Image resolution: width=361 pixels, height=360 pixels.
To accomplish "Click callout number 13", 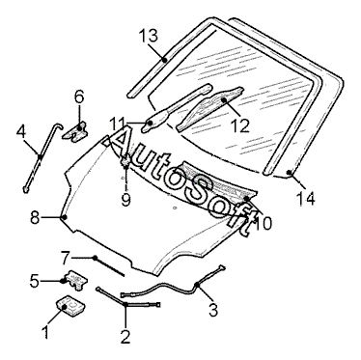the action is coord(149,36).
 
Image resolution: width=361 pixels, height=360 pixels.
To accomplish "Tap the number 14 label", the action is coord(305,198).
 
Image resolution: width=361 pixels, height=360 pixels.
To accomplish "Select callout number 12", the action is coord(240,125).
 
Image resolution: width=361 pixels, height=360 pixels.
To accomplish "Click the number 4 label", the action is coord(21,132).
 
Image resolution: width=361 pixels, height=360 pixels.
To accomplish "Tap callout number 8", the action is coord(35,218).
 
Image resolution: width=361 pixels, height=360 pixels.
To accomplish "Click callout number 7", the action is coord(66,258).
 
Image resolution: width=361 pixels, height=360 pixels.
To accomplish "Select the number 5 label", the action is coord(35,282).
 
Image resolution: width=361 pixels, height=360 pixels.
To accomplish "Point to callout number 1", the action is coord(45,331).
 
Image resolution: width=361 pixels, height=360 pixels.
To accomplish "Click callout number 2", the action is coord(125,337).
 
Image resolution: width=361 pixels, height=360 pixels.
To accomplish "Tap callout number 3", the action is coord(213,309).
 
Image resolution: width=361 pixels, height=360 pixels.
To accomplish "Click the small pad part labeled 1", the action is coord(71,306).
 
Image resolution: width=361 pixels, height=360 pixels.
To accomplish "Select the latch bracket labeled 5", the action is coord(76,280).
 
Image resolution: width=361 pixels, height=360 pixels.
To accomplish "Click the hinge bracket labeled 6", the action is coord(76,131).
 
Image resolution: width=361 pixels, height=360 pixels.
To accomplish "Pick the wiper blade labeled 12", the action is coord(209,109).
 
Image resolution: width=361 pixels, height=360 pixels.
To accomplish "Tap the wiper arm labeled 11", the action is coord(177,108).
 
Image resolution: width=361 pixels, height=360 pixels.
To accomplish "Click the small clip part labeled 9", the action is coord(125,160).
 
